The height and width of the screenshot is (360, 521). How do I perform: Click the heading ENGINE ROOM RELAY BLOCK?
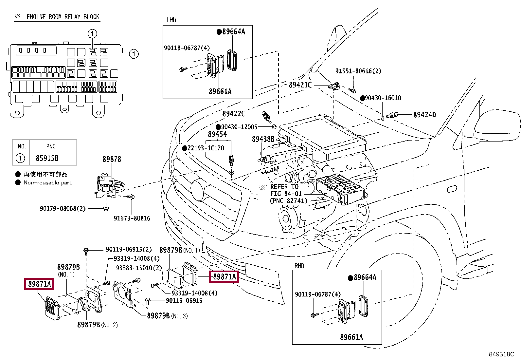pyautogui.click(x=63, y=17)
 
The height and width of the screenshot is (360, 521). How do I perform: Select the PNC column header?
pyautogui.click(x=51, y=146)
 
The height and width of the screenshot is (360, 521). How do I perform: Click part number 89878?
pyautogui.click(x=112, y=159)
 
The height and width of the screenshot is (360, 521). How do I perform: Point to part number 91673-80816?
pyautogui.click(x=132, y=218)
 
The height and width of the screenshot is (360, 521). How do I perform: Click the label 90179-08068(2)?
pyautogui.click(x=63, y=208)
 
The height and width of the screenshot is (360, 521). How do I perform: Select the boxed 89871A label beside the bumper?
pyautogui.click(x=224, y=277)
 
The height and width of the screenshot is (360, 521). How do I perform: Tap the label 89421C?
pyautogui.click(x=300, y=85)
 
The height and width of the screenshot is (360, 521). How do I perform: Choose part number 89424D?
pyautogui.click(x=424, y=115)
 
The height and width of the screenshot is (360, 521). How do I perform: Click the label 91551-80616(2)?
pyautogui.click(x=358, y=71)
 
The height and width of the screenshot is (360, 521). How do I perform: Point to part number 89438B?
pyautogui.click(x=263, y=139)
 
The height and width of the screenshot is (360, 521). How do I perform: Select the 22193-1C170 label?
pyautogui.click(x=206, y=148)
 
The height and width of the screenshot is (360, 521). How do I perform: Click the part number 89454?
pyautogui.click(x=217, y=134)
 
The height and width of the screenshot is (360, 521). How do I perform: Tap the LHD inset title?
pyautogui.click(x=171, y=20)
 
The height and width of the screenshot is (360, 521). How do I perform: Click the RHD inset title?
pyautogui.click(x=299, y=266)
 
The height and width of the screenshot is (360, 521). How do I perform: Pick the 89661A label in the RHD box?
pyautogui.click(x=351, y=337)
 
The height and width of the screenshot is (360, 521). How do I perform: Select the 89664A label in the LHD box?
pyautogui.click(x=234, y=32)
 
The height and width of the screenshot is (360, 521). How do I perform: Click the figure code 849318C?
pyautogui.click(x=501, y=354)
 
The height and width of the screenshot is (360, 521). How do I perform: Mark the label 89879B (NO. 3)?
pyautogui.click(x=167, y=316)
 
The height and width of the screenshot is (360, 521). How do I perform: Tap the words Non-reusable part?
pyautogui.click(x=47, y=182)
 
